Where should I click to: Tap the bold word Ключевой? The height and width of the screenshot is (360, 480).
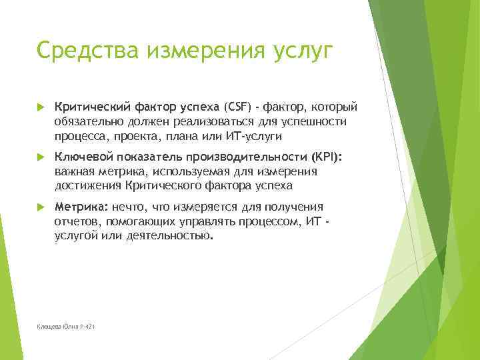tap(84, 157)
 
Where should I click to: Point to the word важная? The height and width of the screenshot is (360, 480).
tap(73, 171)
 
